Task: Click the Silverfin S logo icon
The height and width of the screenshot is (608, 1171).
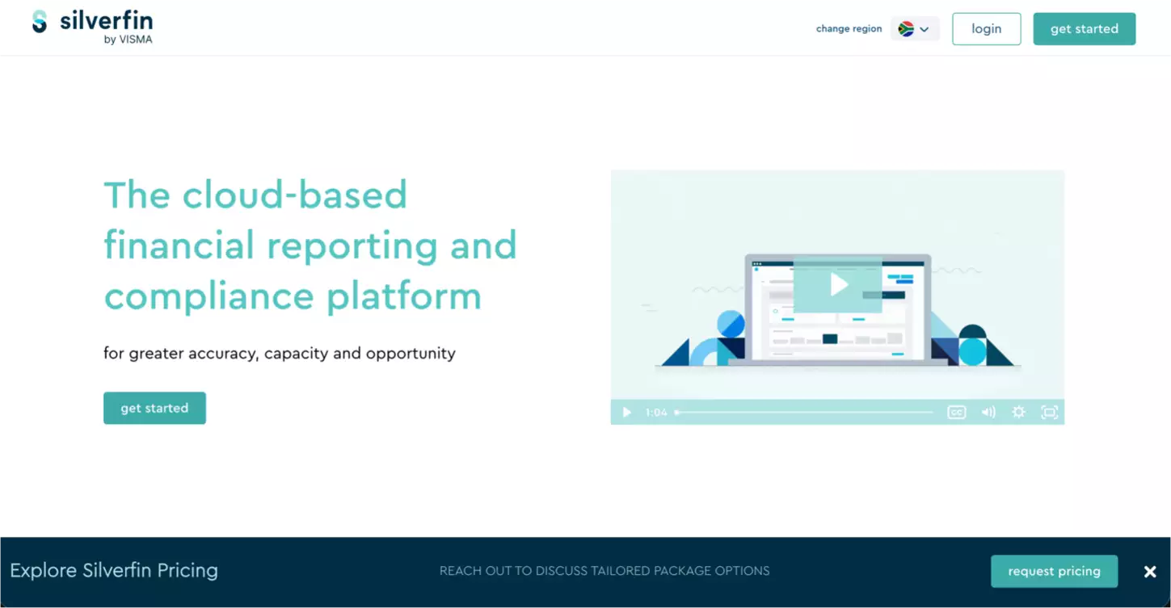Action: point(40,22)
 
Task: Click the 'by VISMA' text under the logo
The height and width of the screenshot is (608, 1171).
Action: point(128,40)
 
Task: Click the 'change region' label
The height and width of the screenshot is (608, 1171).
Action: point(849,29)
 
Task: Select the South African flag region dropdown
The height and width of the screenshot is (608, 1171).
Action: point(914,29)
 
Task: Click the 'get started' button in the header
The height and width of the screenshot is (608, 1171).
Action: point(1084,29)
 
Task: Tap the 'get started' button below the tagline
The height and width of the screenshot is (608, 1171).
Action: point(154,408)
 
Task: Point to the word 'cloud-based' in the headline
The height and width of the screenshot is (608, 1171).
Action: point(295,195)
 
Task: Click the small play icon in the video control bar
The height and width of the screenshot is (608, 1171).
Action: point(626,413)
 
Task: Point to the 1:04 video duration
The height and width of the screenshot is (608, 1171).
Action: point(656,413)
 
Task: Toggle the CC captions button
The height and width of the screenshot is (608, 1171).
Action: point(956,413)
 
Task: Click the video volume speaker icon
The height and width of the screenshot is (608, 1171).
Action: point(988,413)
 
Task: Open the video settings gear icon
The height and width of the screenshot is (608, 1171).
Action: point(1018,413)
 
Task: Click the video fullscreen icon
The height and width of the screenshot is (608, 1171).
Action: point(1049,413)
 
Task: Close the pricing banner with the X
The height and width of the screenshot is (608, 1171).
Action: point(1149,572)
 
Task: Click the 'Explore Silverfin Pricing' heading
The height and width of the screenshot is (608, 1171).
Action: point(114,571)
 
